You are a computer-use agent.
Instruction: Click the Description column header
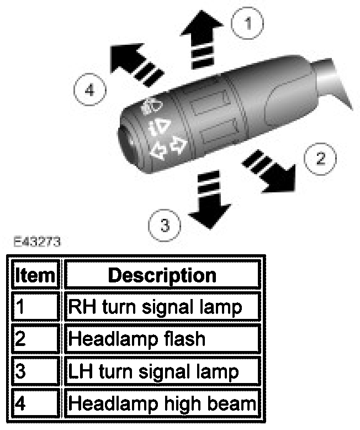(x=162, y=275)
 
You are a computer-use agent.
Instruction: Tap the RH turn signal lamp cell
(x=162, y=307)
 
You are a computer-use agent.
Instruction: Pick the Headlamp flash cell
(x=162, y=338)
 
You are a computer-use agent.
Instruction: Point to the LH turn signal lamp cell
(x=162, y=371)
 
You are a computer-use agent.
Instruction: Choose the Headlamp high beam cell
(x=162, y=403)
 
